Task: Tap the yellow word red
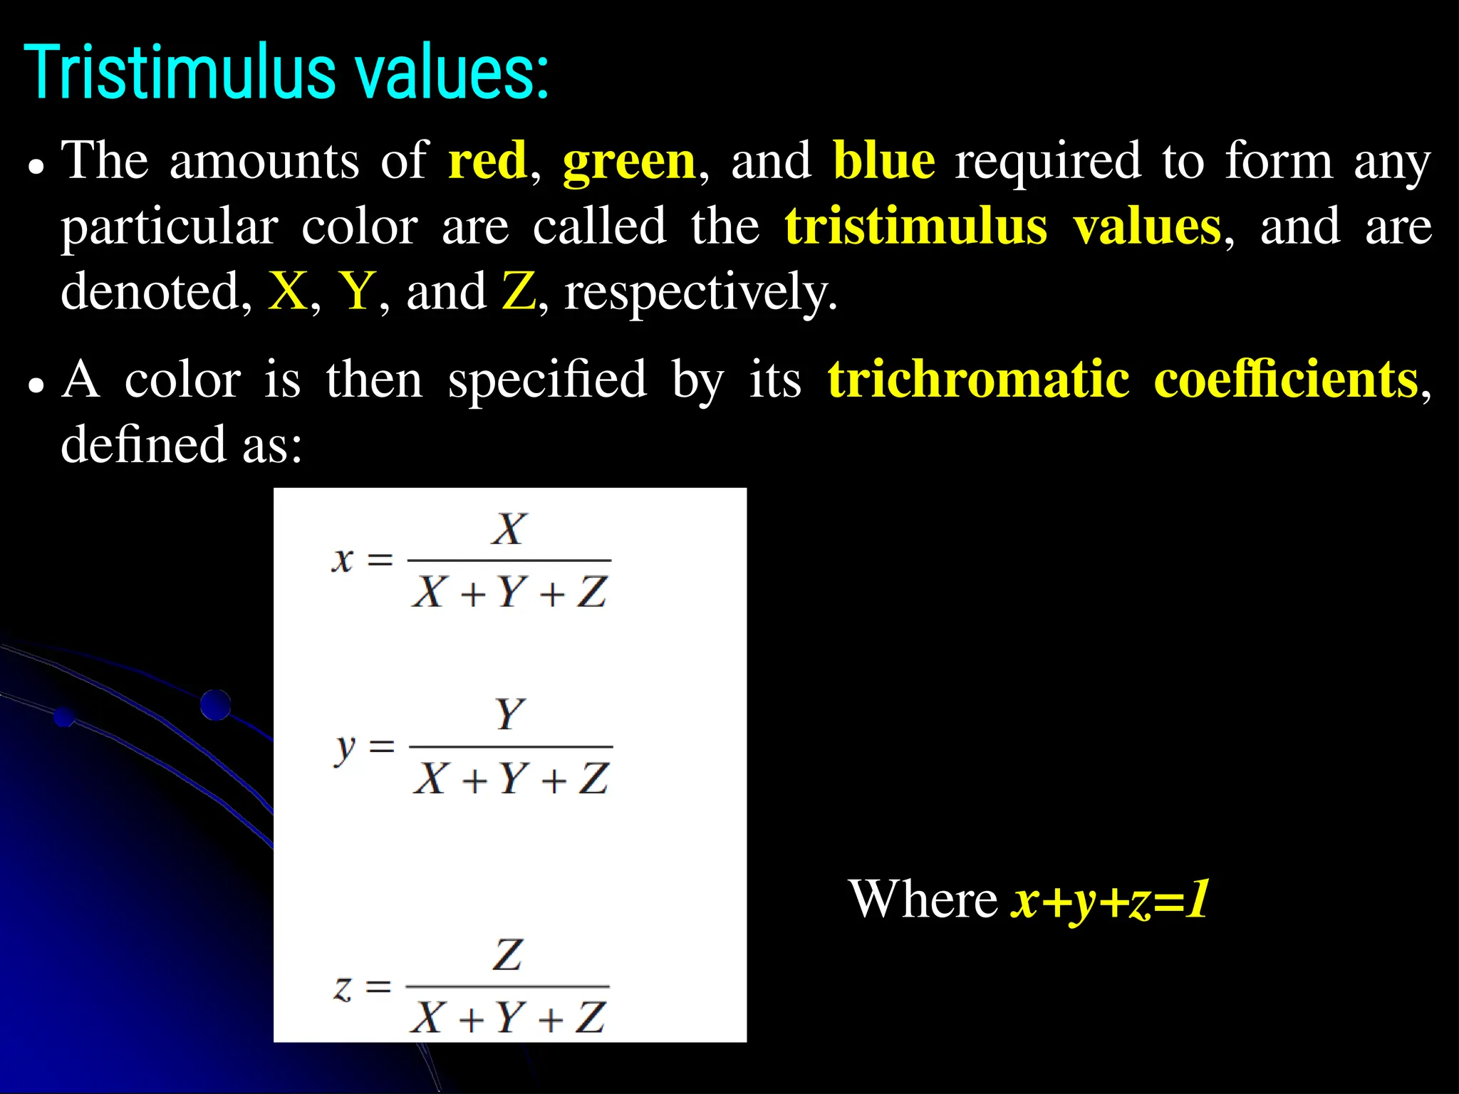[x=487, y=161]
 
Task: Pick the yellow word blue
[x=883, y=161]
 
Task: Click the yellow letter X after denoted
[x=287, y=292]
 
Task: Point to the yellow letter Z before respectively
[x=518, y=292]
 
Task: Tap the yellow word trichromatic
[x=978, y=380]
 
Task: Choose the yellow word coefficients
[x=1286, y=380]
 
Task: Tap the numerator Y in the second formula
[x=511, y=714]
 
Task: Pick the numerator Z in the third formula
[x=508, y=955]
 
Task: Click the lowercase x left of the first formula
[x=343, y=561]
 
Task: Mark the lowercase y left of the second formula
[x=345, y=749]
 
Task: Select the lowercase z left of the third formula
[x=343, y=988]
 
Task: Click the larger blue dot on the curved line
[x=215, y=705]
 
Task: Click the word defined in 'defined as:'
[x=143, y=445]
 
